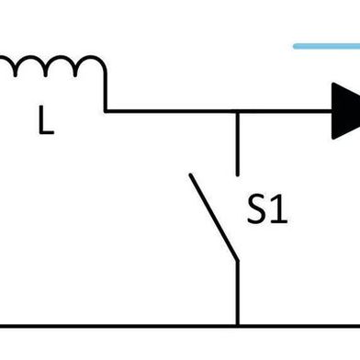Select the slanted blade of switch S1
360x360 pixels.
pyautogui.click(x=213, y=219)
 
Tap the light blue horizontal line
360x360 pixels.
pyautogui.click(x=326, y=45)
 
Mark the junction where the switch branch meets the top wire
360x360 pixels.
pyautogui.click(x=238, y=111)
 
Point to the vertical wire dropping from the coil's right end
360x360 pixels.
pyautogui.click(x=106, y=92)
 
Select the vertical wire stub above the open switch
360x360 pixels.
pyautogui.click(x=238, y=142)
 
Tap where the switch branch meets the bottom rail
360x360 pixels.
pyautogui.click(x=238, y=325)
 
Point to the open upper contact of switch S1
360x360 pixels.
pyautogui.click(x=238, y=173)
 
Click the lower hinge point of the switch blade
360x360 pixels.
pyautogui.click(x=237, y=261)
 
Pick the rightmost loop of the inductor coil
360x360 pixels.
pyautogui.click(x=91, y=66)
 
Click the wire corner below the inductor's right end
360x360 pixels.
pyautogui.click(x=107, y=111)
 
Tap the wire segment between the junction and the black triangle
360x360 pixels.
pyautogui.click(x=285, y=111)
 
